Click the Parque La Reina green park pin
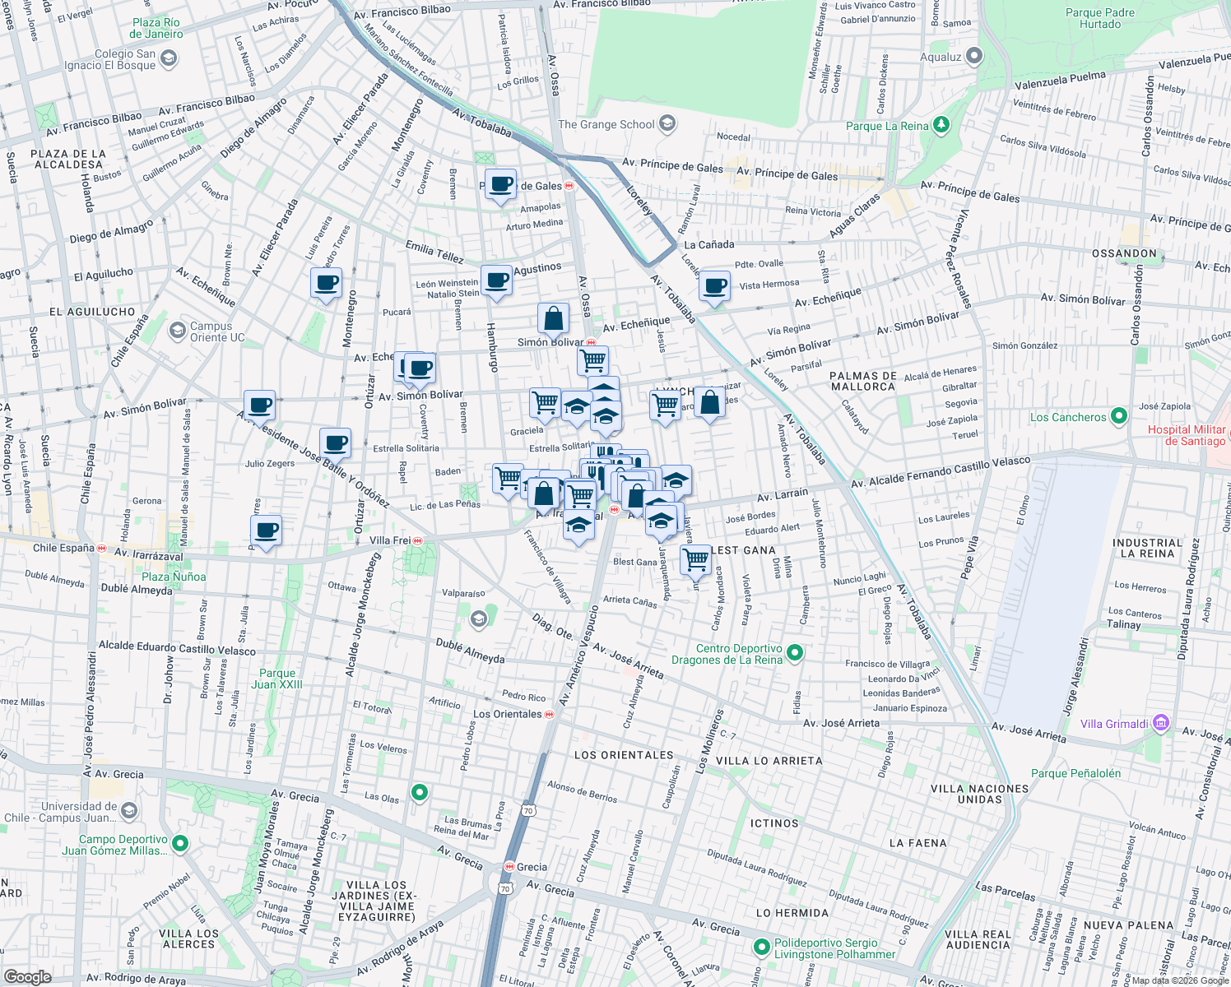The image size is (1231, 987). [941, 125]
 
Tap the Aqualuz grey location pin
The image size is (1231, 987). [974, 56]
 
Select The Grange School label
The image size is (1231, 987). [606, 124]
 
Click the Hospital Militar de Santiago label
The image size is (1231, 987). [1187, 435]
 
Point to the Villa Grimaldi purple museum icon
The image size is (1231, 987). [1160, 723]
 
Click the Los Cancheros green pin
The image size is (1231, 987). [1118, 416]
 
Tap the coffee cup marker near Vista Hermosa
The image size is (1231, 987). [714, 287]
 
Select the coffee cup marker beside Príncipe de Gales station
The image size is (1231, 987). [499, 184]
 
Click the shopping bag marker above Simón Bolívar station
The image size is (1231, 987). [554, 318]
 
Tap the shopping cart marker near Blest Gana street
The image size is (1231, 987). [696, 559]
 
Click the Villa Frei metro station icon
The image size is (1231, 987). [419, 540]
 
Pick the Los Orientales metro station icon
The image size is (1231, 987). [550, 714]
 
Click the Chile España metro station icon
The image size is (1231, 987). [102, 548]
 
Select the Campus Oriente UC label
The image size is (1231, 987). [217, 331]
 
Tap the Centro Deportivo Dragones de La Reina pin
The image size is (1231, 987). [794, 653]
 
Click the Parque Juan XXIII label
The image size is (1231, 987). [276, 679]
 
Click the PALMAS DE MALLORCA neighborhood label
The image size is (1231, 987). [862, 381]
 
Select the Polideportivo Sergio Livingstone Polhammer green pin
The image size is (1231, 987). [762, 948]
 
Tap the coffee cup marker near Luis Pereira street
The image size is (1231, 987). [327, 284]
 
